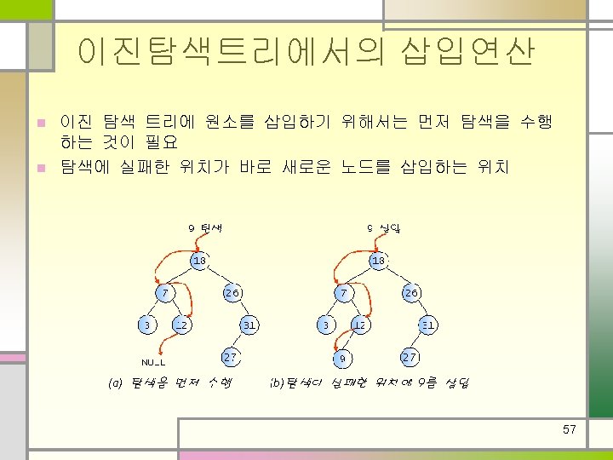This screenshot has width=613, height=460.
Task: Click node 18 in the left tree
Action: point(198,260)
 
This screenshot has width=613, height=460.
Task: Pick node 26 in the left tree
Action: point(232,292)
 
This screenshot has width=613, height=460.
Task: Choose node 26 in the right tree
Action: point(411,292)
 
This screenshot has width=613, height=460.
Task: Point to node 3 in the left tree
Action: point(147,325)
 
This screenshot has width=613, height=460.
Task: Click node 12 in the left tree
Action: point(181,325)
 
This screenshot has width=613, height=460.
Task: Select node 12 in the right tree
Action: point(360,325)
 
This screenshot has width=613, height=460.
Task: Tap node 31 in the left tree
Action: point(249,325)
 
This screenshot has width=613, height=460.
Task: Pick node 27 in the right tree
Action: point(410,356)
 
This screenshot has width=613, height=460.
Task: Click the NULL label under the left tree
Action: point(153,361)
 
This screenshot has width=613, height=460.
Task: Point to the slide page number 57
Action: point(570,429)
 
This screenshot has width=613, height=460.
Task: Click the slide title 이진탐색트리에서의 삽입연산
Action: point(306,51)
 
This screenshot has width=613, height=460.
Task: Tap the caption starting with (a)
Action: point(170,383)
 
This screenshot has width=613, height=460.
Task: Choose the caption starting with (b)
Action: point(368,383)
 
